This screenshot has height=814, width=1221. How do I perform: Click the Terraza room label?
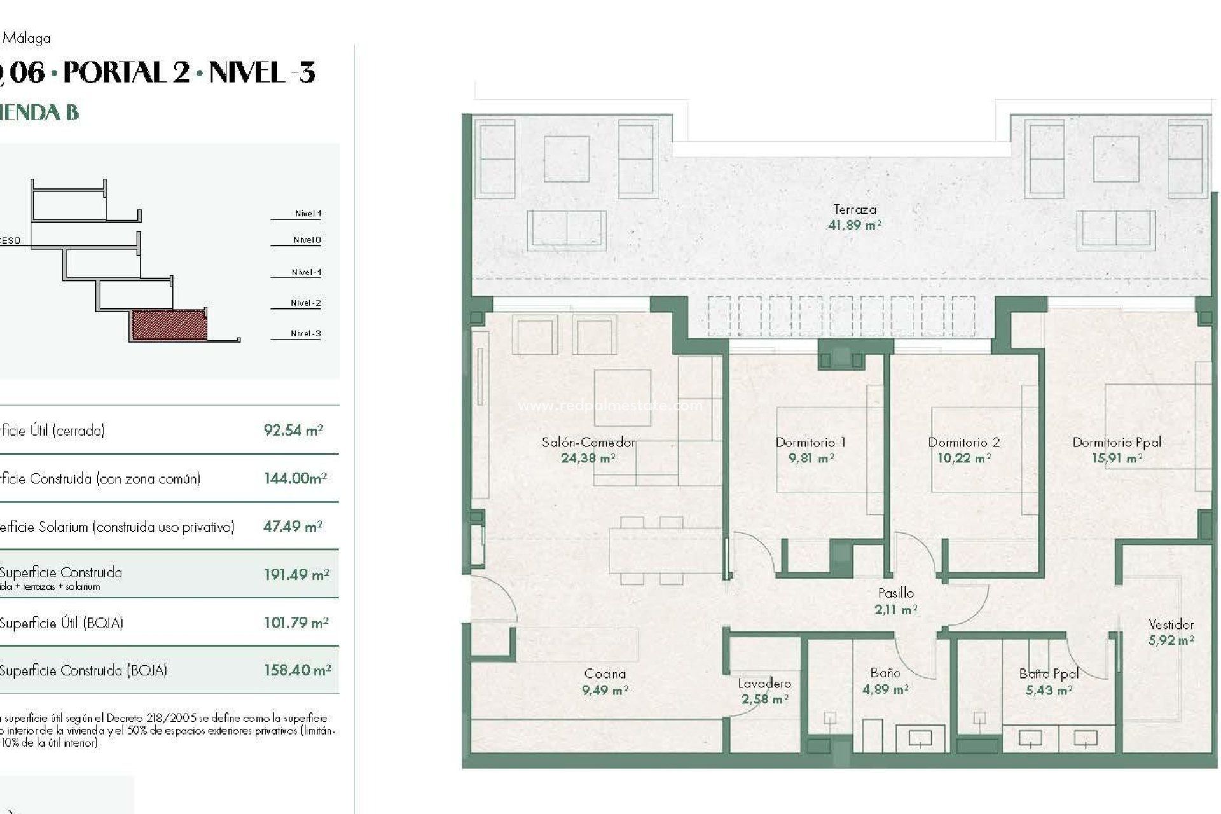tap(854, 209)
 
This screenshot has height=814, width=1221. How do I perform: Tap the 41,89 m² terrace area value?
tap(854, 225)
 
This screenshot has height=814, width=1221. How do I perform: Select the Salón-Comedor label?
tap(588, 442)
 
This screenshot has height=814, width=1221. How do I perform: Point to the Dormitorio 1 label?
tap(810, 442)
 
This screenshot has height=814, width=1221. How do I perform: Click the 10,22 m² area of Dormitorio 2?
tap(963, 458)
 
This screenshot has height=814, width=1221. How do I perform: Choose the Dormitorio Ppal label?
tap(1116, 442)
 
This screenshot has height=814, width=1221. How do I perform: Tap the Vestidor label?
tap(1171, 624)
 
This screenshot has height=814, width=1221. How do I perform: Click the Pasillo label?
tap(895, 593)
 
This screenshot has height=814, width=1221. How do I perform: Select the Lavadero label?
tap(764, 684)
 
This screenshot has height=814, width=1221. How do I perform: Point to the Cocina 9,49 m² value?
tap(605, 690)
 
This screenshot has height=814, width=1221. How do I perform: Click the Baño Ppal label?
tap(1049, 673)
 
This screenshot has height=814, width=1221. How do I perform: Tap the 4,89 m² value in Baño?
tap(885, 689)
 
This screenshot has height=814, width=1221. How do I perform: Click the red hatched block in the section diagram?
tap(169, 324)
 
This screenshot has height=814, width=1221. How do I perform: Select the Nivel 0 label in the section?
tap(307, 240)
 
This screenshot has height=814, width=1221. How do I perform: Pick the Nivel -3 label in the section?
tap(305, 333)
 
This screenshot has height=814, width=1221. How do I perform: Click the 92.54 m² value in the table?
tap(293, 431)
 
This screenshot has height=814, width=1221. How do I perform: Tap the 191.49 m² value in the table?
tap(296, 575)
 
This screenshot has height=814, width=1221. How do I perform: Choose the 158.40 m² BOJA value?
tap(297, 670)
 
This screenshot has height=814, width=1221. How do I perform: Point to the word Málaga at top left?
tap(27, 38)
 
